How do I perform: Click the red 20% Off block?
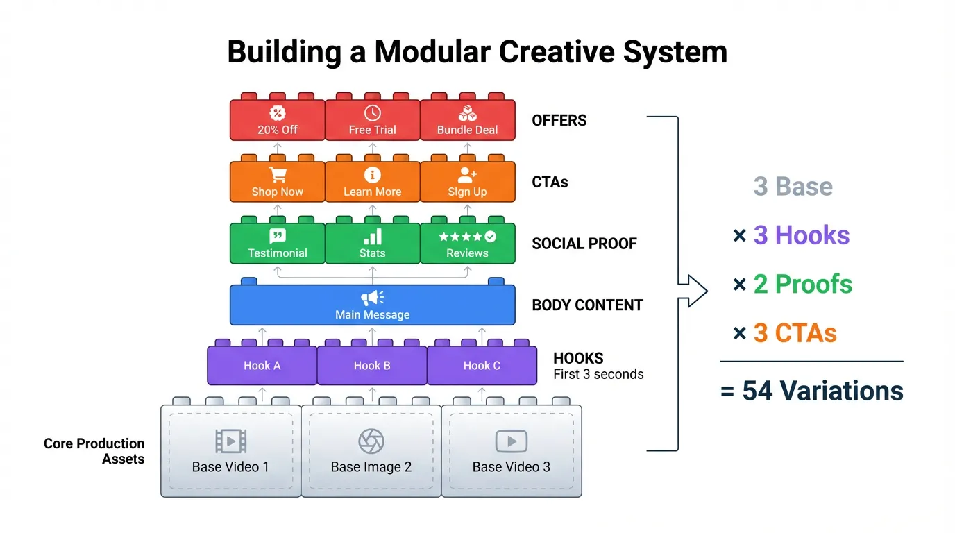[278, 121]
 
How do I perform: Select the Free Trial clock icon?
[373, 113]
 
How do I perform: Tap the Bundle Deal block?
[467, 121]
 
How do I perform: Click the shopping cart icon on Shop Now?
[278, 175]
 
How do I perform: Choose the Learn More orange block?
[373, 183]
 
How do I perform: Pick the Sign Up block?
[467, 183]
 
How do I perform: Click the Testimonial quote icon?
[278, 237]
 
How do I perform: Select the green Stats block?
[373, 244]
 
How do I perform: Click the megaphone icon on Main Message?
[372, 298]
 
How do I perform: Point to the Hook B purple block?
[372, 366]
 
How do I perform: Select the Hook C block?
[482, 366]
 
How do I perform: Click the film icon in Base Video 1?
[230, 441]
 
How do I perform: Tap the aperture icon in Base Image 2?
[371, 441]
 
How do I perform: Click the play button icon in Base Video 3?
[512, 441]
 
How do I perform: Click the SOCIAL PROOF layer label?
[584, 244]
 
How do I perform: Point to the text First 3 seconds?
[598, 375]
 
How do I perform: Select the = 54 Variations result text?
[812, 391]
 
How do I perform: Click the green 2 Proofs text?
[803, 284]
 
